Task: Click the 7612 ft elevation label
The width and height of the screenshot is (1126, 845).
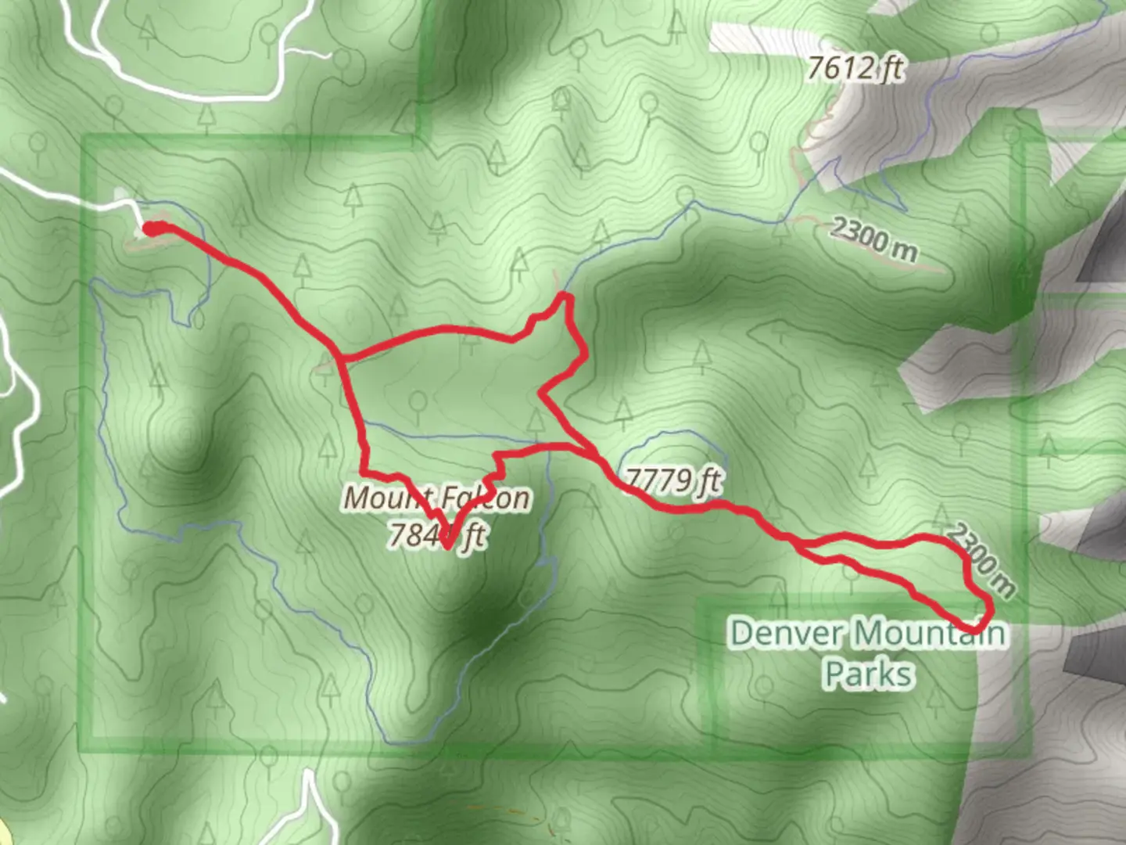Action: [854, 69]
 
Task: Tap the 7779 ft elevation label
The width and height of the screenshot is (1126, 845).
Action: [672, 480]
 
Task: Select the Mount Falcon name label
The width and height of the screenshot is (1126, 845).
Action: [437, 498]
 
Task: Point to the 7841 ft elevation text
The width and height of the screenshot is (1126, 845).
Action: [437, 536]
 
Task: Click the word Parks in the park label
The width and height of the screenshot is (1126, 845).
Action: [868, 674]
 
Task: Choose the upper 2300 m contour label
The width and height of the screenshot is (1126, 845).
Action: [873, 238]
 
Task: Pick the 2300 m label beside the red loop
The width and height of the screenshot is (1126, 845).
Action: [981, 558]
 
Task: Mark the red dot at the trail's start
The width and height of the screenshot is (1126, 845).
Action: [153, 228]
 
